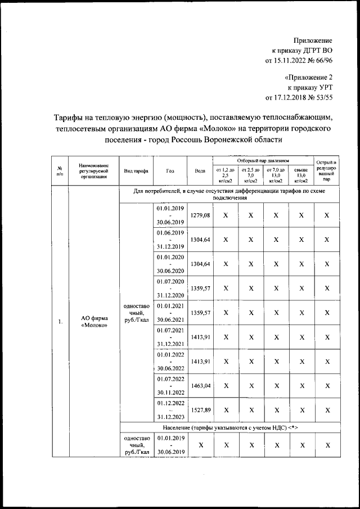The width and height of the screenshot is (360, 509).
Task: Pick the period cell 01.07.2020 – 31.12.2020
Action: (171, 289)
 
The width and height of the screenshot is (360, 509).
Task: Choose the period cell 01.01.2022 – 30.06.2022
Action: (171, 362)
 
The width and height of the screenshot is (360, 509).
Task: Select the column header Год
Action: (171, 171)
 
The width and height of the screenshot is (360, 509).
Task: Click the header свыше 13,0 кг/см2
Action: (301, 175)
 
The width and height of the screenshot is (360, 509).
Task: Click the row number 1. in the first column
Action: (60, 322)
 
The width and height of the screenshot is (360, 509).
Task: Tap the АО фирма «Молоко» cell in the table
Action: (94, 322)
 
